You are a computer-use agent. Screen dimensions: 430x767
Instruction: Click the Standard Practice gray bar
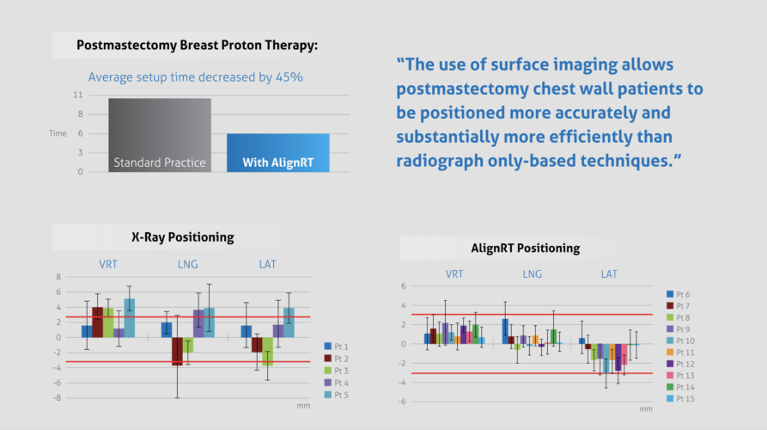click(x=160, y=135)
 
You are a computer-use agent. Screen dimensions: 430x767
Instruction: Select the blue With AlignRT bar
click(x=278, y=152)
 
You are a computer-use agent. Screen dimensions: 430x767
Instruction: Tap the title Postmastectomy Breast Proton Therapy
click(x=197, y=46)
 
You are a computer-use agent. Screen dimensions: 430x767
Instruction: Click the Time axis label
click(x=58, y=133)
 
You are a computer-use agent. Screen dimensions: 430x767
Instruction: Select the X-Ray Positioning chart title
click(x=182, y=237)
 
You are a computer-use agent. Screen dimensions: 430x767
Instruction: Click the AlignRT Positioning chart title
click(x=525, y=249)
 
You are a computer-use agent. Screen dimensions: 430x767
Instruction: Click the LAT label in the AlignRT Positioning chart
click(x=609, y=274)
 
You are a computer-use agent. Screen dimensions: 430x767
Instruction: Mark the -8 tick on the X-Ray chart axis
click(x=58, y=397)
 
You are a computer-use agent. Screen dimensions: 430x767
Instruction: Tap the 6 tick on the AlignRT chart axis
click(x=403, y=286)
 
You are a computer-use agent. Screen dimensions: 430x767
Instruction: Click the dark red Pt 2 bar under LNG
click(x=177, y=351)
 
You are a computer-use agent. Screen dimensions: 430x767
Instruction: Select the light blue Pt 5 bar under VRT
click(x=130, y=317)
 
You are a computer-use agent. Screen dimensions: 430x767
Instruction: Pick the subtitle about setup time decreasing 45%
click(x=195, y=77)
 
